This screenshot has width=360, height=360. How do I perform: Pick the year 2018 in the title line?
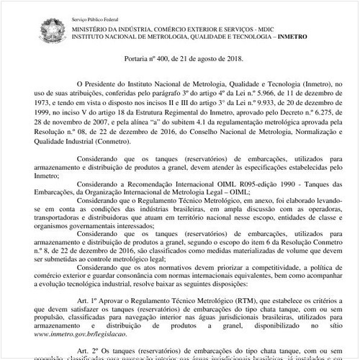click(233, 58)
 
